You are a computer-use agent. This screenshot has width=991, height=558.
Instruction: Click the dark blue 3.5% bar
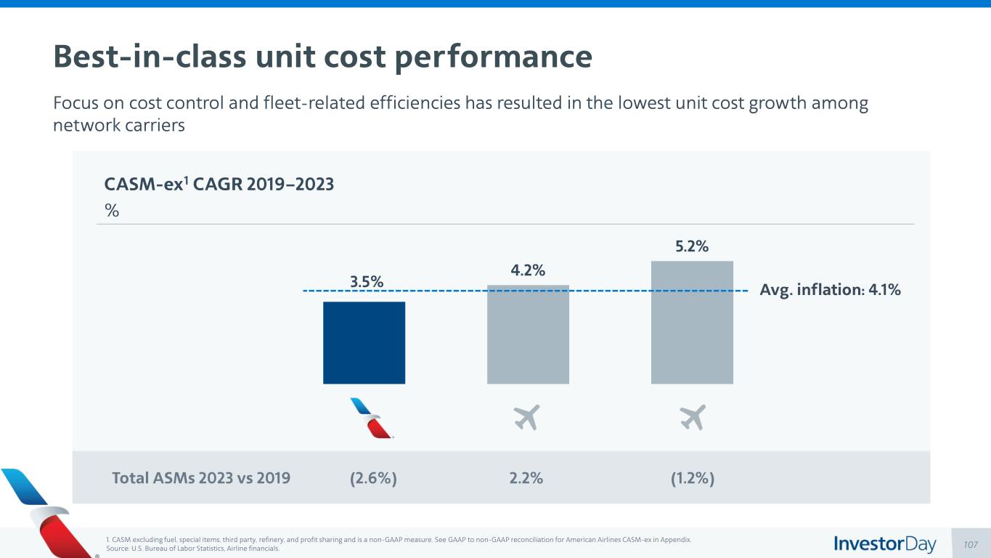[364, 342]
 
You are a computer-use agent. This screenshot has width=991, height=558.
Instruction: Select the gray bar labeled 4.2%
[528, 334]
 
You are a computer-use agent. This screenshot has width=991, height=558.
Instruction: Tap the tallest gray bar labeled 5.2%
[692, 322]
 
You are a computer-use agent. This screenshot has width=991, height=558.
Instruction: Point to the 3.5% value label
[367, 281]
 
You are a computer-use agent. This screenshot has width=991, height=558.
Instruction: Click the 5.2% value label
[692, 246]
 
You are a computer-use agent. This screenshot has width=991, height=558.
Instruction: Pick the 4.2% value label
[528, 270]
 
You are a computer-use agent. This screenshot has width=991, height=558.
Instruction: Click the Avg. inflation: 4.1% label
[830, 290]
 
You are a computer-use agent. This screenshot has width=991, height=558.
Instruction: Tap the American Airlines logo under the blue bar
[371, 418]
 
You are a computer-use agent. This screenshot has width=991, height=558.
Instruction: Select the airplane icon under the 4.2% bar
[527, 417]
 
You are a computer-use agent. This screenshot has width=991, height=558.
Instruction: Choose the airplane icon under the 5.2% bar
[693, 417]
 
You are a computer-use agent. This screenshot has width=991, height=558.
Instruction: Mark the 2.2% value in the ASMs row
[526, 477]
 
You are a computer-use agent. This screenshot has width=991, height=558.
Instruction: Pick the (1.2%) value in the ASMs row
[691, 477]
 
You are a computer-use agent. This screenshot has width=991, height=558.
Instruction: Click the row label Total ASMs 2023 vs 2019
[201, 477]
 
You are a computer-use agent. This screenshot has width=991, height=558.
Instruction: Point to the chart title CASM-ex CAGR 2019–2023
[219, 185]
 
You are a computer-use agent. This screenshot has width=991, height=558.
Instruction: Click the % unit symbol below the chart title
[112, 211]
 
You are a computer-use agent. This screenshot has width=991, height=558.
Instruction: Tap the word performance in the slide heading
[494, 57]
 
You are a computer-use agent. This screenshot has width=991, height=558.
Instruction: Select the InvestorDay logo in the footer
[884, 543]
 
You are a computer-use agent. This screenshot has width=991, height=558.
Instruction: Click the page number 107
[971, 544]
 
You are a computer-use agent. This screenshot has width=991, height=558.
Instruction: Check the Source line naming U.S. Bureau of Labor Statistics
[192, 549]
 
